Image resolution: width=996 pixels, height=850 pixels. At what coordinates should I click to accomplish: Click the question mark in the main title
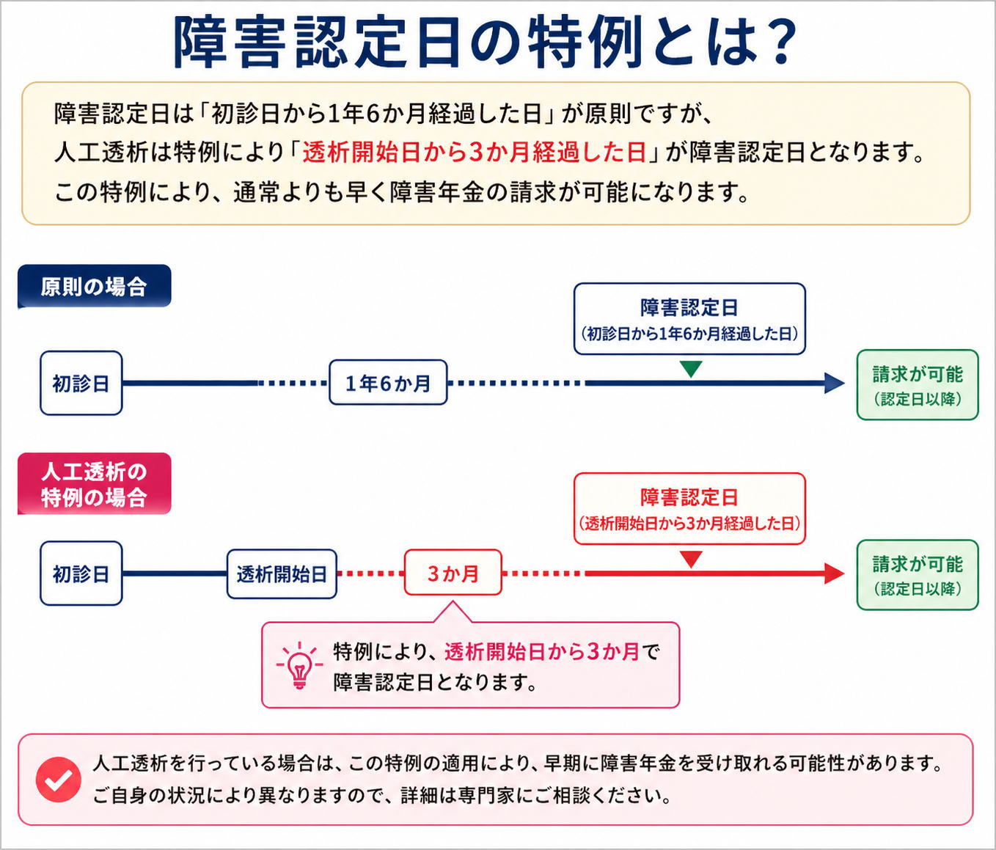775,43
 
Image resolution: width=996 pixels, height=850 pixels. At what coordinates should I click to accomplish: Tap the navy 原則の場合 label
94,286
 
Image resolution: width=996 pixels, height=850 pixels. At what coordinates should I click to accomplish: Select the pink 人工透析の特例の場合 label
94,484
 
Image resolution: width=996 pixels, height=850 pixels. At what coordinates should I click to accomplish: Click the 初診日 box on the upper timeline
81,383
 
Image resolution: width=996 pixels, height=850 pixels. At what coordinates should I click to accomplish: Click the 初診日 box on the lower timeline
81,574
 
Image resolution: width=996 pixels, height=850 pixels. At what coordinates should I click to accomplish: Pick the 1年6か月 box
388,383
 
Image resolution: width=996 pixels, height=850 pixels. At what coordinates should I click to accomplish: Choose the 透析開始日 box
282,574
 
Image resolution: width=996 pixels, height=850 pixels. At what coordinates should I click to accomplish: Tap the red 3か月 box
453,573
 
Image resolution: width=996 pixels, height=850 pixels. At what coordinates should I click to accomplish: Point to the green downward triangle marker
690,369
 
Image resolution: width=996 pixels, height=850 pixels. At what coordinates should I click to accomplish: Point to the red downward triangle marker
690,560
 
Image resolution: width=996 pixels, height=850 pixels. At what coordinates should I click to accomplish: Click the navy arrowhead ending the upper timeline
834,383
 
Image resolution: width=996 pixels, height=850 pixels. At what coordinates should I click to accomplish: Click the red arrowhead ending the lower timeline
834,574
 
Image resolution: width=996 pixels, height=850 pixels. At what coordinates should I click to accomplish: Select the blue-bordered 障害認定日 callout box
689,319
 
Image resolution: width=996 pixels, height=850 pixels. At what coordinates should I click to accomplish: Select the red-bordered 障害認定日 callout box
689,509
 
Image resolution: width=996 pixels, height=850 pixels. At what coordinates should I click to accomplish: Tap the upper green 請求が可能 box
918,385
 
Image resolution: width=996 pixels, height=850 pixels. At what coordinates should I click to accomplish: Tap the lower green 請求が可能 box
918,575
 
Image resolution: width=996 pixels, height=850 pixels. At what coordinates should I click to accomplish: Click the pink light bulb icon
299,665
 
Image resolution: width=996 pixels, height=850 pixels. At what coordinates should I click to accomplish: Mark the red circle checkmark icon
59,780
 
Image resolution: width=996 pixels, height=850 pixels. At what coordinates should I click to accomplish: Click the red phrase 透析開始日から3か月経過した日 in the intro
474,153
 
